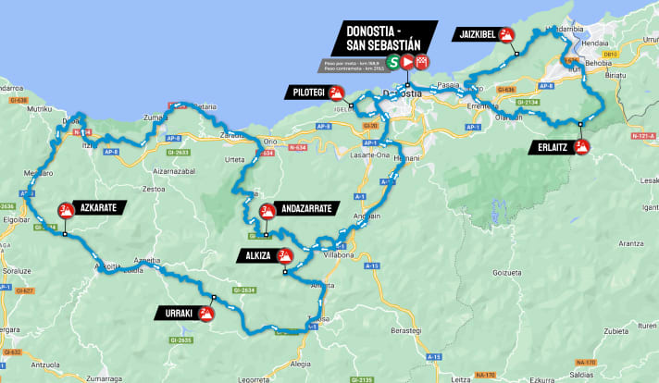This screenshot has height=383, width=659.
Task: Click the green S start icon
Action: click(x=393, y=62)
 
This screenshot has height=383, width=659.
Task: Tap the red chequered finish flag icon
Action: click(x=422, y=62)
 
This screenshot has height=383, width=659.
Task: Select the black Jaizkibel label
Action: click(x=475, y=35)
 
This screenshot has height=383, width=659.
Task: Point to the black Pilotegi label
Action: click(x=307, y=93)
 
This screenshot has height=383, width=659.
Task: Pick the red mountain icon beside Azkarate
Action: click(x=66, y=209)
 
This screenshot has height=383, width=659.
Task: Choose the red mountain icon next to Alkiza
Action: click(x=285, y=255)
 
